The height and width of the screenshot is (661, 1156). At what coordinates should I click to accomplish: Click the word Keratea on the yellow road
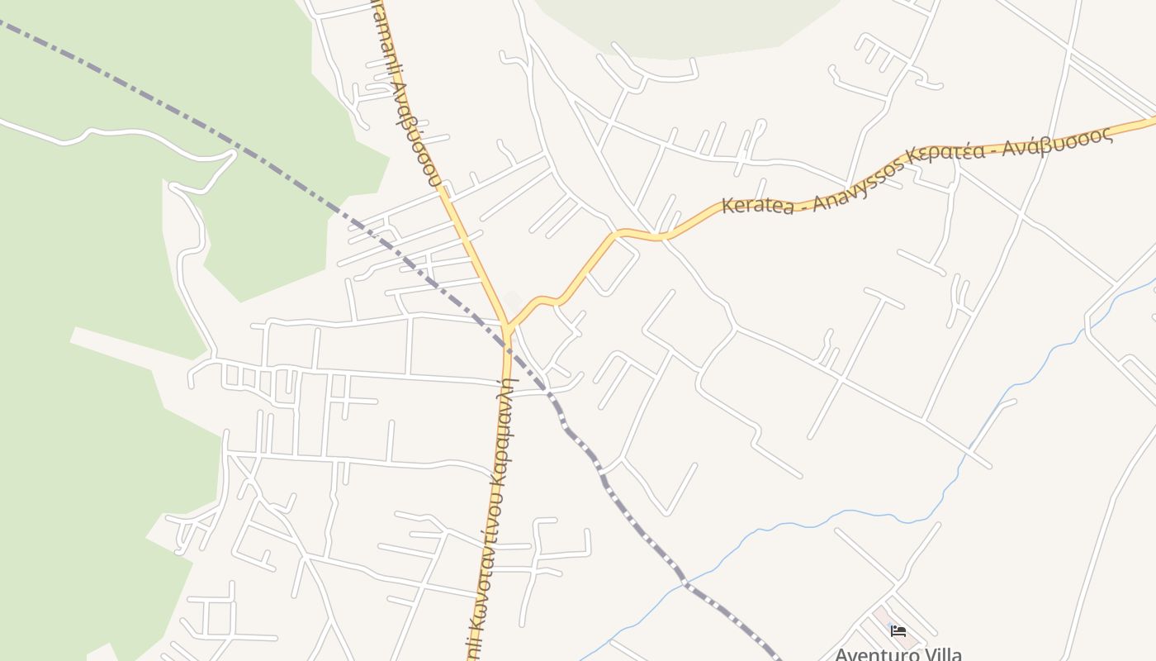758,204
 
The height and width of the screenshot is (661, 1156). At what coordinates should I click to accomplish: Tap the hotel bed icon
898,631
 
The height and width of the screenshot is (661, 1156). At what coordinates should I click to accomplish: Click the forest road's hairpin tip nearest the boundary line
232,155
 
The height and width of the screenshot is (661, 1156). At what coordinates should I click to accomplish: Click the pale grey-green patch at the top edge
685,25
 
